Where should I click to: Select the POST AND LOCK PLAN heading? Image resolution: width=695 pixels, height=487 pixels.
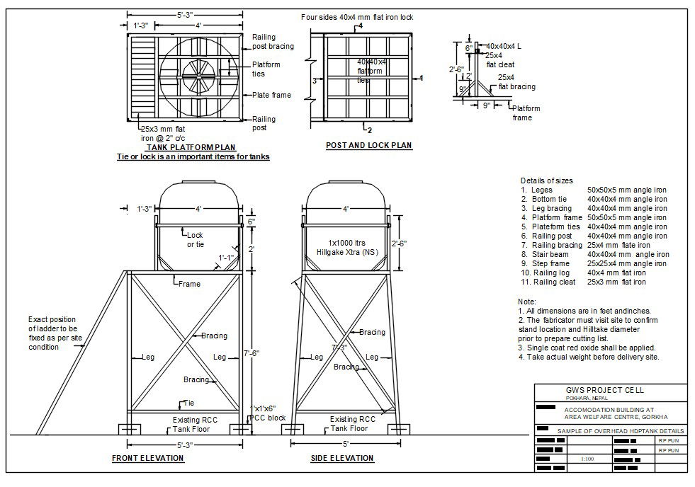368,146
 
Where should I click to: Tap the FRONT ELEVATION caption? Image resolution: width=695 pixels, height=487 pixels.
147,458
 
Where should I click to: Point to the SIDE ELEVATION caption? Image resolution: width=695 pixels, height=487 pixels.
342,458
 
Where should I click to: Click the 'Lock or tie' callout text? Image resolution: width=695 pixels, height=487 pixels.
195,239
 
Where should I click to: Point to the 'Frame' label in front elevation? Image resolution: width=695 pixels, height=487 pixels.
189,284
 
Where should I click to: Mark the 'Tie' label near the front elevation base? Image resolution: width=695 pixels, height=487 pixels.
188,403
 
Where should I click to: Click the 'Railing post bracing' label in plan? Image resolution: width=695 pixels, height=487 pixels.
264,42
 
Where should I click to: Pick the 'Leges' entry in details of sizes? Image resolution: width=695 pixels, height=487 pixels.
541,190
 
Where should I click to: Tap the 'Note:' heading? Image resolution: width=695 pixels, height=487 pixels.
527,302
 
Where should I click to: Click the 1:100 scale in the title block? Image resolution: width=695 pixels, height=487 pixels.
587,459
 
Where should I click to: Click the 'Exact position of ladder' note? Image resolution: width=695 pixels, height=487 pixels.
52,333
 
